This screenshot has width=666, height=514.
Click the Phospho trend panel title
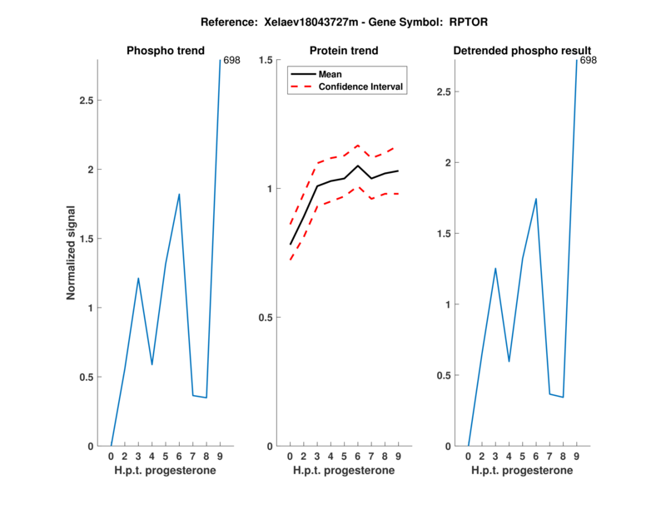click(166, 51)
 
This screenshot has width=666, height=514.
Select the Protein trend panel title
click(344, 51)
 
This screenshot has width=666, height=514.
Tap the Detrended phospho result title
click(522, 51)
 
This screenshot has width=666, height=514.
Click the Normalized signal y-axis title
click(72, 253)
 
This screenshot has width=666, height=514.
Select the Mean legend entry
click(331, 74)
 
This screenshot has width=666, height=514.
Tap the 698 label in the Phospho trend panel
click(231, 61)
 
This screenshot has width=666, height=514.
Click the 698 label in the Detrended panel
click(588, 61)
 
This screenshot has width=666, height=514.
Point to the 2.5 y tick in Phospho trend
click(84, 101)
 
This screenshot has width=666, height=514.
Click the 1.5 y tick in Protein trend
click(266, 60)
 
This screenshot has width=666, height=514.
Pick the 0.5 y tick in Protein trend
click(266, 318)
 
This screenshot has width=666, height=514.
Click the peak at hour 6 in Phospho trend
click(179, 194)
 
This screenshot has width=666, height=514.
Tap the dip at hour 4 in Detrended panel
click(509, 362)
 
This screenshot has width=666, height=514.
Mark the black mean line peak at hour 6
click(358, 166)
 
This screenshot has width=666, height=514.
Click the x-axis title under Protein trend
click(344, 471)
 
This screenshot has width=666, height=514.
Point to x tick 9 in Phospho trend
click(220, 457)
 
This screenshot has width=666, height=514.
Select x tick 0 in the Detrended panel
click(468, 457)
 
